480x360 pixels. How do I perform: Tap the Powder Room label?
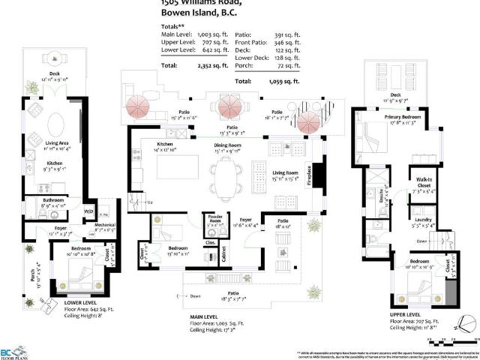[214, 220]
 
